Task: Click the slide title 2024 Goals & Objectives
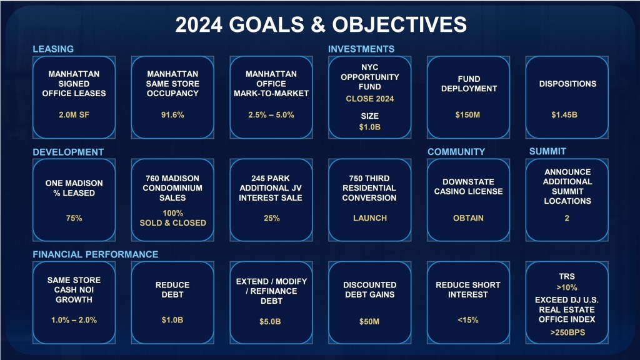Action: point(321,24)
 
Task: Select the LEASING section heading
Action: point(53,49)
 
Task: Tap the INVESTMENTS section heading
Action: point(361,49)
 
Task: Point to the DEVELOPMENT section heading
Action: point(68,152)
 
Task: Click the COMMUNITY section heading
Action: point(456,152)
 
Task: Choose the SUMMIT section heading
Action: point(547,151)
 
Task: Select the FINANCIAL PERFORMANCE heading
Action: point(96,254)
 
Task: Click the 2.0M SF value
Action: point(74,115)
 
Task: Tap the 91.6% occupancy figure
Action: point(172,115)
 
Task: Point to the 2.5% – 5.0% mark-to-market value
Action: point(271,115)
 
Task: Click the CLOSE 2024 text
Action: point(370,99)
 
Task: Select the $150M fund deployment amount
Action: point(467,115)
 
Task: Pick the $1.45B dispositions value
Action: point(564,115)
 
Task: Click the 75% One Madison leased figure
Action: point(74,218)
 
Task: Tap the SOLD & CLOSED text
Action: point(172,223)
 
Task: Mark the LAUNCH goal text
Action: point(370,218)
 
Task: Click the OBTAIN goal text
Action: point(468,218)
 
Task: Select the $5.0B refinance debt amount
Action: point(270,322)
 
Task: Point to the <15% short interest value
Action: point(467,321)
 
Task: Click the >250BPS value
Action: point(567,332)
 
